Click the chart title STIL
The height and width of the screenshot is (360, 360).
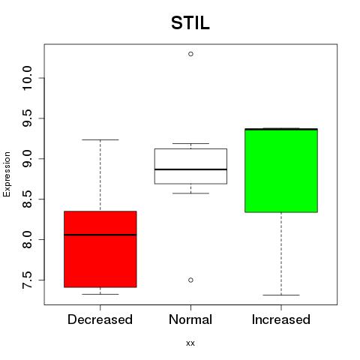tap(190, 22)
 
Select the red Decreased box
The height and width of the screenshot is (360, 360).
tap(100, 249)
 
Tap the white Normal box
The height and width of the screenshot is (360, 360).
tap(190, 166)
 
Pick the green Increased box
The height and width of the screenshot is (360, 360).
tap(281, 170)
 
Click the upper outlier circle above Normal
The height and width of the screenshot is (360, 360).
tap(190, 54)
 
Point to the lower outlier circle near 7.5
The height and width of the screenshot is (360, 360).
tap(190, 280)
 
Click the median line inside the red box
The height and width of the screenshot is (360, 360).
tap(100, 235)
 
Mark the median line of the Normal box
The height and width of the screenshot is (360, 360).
tap(190, 169)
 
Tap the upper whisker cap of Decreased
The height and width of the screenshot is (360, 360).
tap(100, 139)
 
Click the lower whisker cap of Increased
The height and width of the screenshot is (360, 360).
tap(281, 295)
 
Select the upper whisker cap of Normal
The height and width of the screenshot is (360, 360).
tap(190, 143)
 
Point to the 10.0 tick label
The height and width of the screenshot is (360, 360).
tap(27, 78)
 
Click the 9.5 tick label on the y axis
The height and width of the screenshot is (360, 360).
tap(27, 118)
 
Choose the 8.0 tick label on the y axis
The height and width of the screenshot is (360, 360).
tap(27, 239)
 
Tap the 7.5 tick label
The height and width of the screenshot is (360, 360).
tap(27, 280)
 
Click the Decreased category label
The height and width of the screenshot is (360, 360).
tap(100, 319)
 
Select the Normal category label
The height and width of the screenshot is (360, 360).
tap(190, 319)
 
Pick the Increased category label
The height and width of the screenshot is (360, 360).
tap(281, 319)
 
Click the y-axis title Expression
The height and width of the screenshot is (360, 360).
tap(7, 174)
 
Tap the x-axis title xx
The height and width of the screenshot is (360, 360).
tap(190, 343)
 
